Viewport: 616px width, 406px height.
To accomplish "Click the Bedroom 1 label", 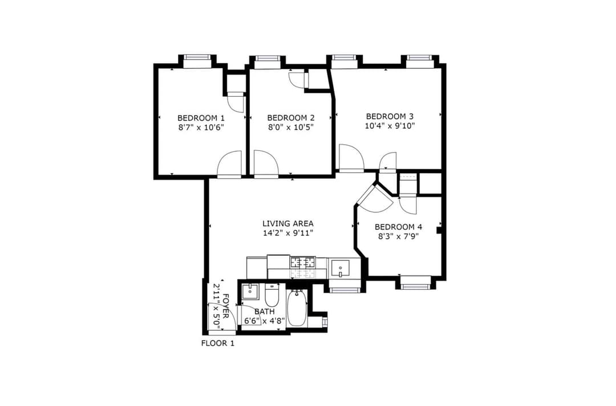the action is [x=201, y=118].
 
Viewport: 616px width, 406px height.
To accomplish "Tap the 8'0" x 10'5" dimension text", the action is [x=291, y=127].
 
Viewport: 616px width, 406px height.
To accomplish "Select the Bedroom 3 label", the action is [x=390, y=117].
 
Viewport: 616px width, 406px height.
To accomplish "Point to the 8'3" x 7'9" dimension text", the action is [x=398, y=236].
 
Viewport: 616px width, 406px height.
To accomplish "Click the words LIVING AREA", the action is [x=288, y=224].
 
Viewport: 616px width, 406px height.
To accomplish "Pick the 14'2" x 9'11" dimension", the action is [x=288, y=233].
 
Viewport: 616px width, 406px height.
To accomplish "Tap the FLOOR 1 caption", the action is [x=218, y=343].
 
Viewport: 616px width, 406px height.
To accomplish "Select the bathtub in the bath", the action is [x=296, y=308].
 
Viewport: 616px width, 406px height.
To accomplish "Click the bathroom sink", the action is [x=250, y=292].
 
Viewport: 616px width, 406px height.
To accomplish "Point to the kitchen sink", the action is [x=340, y=269].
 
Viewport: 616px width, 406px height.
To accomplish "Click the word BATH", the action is [x=265, y=311].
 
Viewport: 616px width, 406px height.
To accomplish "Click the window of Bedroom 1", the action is [x=197, y=57].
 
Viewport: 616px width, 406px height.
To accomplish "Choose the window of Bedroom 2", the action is [x=267, y=59].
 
